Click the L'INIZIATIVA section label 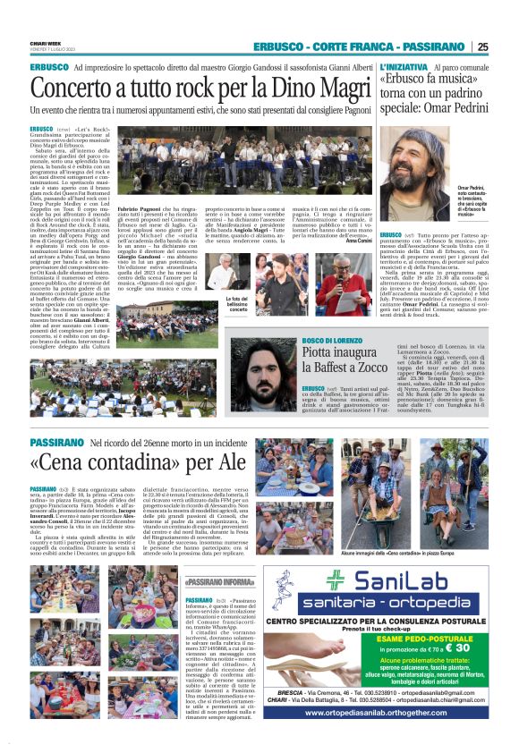(405, 68)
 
